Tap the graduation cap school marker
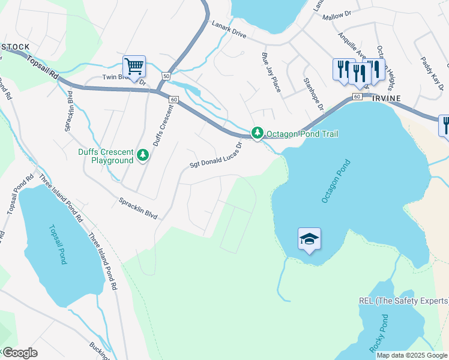[309, 239]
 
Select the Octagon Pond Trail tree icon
[258, 133]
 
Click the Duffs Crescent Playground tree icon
[143, 155]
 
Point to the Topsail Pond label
[57, 244]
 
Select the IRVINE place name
[385, 97]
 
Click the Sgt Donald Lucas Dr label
[215, 155]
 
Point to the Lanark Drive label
[229, 31]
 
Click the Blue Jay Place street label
[271, 73]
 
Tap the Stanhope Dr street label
[313, 93]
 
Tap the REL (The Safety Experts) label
[403, 301]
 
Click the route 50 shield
[166, 76]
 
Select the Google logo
[19, 353]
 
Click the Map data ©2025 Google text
[412, 355]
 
